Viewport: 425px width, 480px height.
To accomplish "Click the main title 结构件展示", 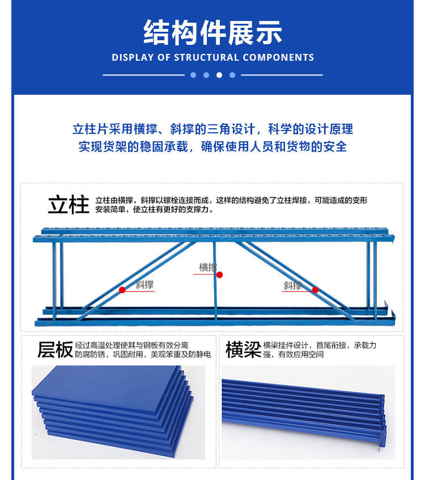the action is [x=212, y=32].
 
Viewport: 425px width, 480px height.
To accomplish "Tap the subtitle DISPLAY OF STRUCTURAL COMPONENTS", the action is [x=212, y=57].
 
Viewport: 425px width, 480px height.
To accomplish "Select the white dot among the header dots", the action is [x=219, y=75].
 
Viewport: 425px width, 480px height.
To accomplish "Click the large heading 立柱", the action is [x=68, y=205].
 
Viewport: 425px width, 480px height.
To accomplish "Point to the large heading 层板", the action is [x=55, y=350].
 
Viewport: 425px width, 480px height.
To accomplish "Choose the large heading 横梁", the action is [x=243, y=350].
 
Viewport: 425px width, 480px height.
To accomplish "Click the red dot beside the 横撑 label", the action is [x=219, y=275].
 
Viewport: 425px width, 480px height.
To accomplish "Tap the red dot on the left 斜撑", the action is [x=122, y=289].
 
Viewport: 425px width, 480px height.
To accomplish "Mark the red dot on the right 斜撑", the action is [x=315, y=289].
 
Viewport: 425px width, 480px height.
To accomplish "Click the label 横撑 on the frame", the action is [x=207, y=267].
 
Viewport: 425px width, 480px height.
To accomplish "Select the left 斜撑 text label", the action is [x=145, y=284].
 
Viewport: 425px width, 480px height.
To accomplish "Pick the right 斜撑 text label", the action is [x=292, y=285].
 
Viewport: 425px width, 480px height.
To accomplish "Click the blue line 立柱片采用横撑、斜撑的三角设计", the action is [x=212, y=129].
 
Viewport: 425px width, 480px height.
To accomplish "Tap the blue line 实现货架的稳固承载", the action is [x=212, y=146].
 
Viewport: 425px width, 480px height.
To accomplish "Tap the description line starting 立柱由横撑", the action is [x=231, y=200].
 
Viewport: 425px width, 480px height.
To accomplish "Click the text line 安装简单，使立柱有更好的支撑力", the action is [x=154, y=209].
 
